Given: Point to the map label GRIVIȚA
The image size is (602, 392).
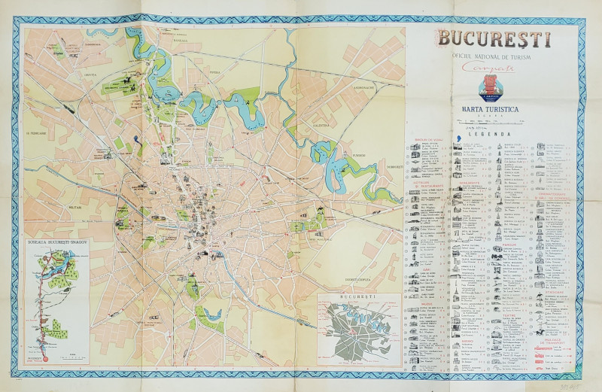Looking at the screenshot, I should (x=91, y=75).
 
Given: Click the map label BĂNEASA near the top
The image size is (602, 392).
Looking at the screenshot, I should (x=184, y=42).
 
